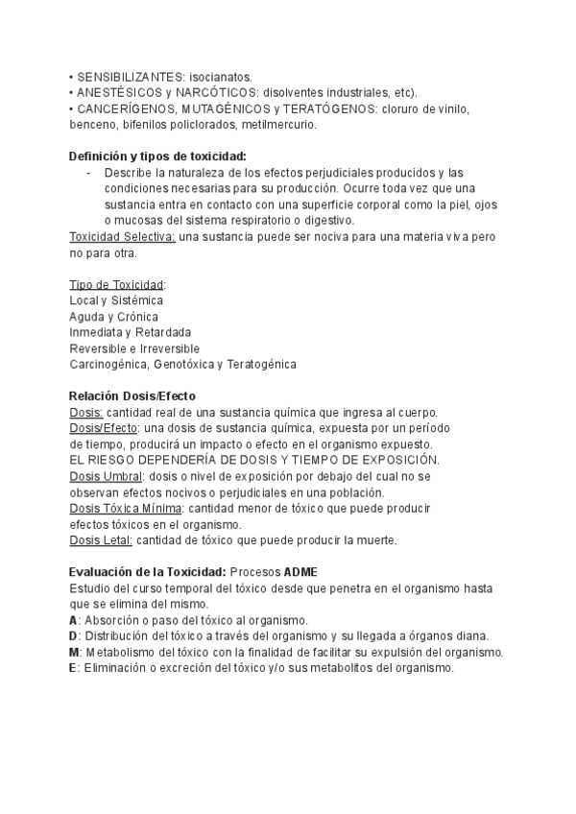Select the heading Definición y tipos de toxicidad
point(157,156)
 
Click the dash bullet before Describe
point(89,173)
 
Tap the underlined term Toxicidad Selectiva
point(122,237)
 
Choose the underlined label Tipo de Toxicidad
point(116,285)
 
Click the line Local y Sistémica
point(116,300)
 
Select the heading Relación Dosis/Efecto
point(132,396)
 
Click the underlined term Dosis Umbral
point(106,476)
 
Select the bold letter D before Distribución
point(74,636)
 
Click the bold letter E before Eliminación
point(74,668)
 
